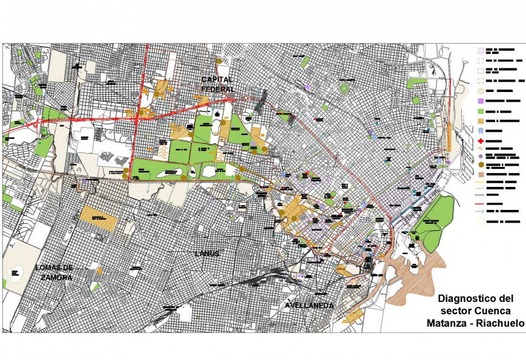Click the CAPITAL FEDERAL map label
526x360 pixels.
pos(218,85)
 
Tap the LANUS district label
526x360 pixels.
pos(206,254)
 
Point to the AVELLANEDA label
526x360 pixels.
pos(310,306)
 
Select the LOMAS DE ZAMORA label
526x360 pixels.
pos(54,272)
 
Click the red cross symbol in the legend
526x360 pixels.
pos(481,140)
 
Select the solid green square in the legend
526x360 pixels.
pos(481,111)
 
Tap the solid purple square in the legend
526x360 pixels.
pos(481,100)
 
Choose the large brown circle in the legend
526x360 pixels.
pos(481,165)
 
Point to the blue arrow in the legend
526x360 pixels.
pos(481,212)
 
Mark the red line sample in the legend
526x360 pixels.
pos(481,203)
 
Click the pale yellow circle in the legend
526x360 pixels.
pos(481,221)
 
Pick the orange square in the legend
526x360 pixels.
pos(481,121)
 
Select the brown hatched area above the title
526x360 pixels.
pos(417,278)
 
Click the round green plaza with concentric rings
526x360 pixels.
pos(343,89)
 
